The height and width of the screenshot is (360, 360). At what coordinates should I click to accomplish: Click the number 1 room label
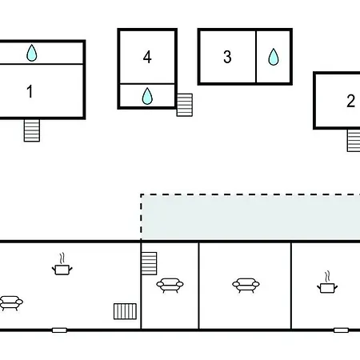[30, 91]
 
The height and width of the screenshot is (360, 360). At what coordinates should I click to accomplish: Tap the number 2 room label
[350, 101]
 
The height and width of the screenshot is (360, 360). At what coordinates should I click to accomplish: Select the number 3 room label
[227, 57]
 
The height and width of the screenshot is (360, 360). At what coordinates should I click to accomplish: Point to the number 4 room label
[147, 57]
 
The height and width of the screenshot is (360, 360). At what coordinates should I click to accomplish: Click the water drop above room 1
[32, 53]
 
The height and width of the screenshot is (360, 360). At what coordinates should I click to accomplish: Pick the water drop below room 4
[147, 96]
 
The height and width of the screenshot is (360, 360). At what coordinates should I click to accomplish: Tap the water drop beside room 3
[274, 57]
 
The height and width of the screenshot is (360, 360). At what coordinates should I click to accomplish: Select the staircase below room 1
[32, 130]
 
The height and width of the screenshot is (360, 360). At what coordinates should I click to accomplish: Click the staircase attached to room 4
[185, 105]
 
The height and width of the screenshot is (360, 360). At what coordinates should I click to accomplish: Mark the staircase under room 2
[354, 141]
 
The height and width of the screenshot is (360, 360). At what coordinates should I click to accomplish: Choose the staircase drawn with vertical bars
[125, 311]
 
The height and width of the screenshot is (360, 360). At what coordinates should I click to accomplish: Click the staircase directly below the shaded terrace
[149, 263]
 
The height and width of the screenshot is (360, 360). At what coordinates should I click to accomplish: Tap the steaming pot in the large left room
[62, 264]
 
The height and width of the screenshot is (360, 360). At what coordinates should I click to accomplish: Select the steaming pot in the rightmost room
[327, 282]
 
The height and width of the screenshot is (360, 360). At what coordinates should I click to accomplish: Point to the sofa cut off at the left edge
[10, 303]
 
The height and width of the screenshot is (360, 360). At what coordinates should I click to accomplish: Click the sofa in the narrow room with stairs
[170, 286]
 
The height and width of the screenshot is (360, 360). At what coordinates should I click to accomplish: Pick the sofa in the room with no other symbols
[246, 286]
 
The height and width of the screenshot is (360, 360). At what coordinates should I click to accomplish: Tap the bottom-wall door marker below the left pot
[59, 330]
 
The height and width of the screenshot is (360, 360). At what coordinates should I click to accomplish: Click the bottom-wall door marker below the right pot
[341, 330]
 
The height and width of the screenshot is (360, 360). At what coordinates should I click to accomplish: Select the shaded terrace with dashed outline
[250, 218]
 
